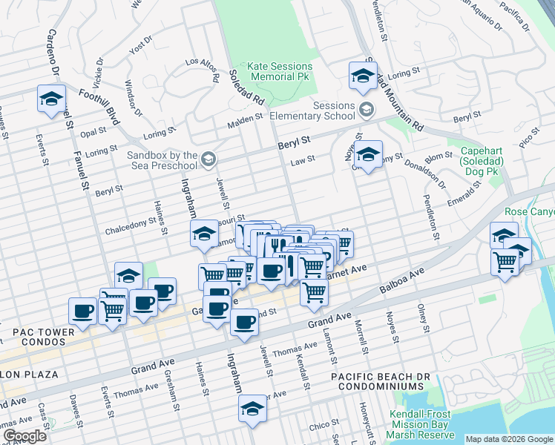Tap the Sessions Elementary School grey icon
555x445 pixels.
366,111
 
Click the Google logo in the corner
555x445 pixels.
24,436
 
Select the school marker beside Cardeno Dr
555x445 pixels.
51,99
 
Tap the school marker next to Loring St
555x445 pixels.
362,76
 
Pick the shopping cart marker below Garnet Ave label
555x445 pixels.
314,291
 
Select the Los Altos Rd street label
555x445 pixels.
202,69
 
